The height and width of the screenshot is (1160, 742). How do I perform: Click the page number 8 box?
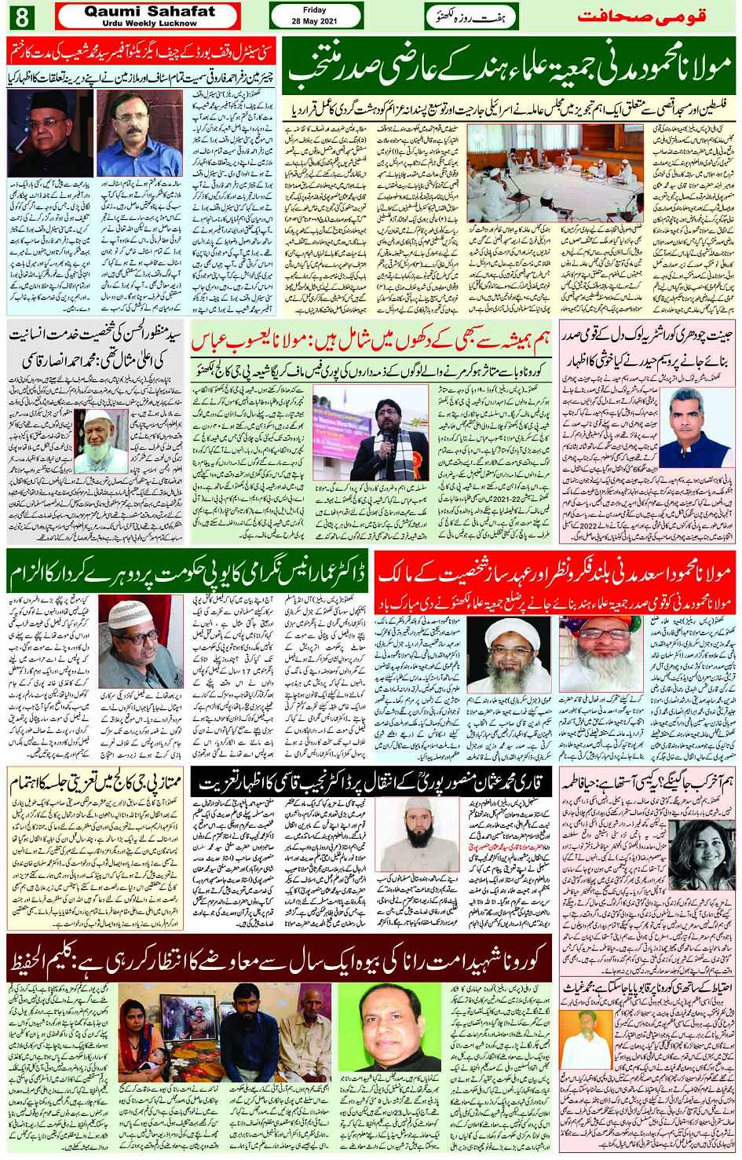(21, 16)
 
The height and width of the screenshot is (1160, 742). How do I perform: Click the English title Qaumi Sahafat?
(149, 11)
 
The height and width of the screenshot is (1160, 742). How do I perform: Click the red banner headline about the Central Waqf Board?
(141, 53)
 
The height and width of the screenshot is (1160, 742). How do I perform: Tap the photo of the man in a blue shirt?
(139, 134)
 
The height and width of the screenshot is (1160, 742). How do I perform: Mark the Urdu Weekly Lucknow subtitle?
(149, 24)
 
